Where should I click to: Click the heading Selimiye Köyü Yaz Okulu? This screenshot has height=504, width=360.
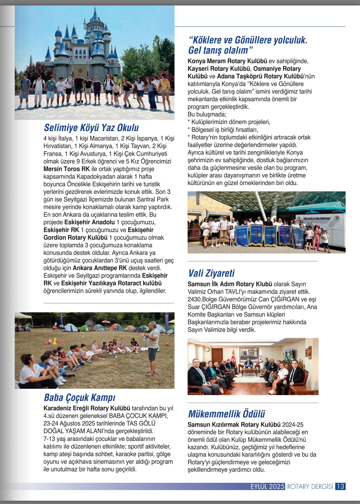pos(91,128)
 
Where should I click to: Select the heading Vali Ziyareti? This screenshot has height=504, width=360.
pos(211,273)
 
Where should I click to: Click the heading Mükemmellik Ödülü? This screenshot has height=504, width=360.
pos(226,414)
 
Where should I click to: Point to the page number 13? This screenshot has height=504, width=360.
pos(340,486)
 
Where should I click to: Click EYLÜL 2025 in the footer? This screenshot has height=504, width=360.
pos(268,486)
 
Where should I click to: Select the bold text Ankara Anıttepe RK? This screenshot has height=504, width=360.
pos(100,268)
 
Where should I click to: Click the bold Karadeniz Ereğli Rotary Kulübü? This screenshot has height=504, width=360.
pos(87,408)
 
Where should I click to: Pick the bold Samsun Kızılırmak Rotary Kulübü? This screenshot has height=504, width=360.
pos(234,425)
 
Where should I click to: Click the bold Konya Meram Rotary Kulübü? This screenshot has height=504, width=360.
pos(227,61)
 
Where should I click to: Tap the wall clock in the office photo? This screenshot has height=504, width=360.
pos(207,350)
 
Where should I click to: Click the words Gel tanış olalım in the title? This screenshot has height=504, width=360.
pos(218,50)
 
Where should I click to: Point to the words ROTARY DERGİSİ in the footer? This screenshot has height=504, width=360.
pos(310,486)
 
